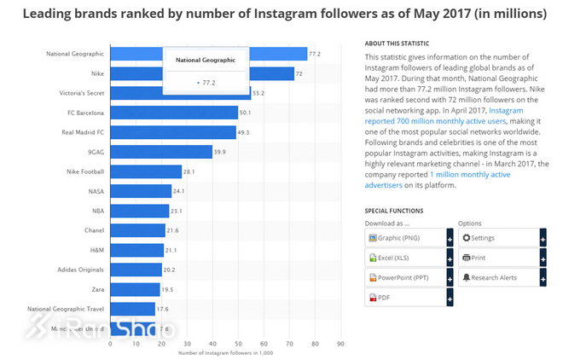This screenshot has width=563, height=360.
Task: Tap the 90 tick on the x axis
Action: [340, 344]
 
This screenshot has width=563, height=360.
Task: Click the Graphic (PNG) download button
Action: [404, 237]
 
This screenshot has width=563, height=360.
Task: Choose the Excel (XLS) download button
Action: [404, 258]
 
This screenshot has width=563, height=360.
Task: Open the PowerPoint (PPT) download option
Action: [404, 278]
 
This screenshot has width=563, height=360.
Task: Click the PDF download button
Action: [404, 298]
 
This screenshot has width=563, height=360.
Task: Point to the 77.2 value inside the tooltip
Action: [207, 83]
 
